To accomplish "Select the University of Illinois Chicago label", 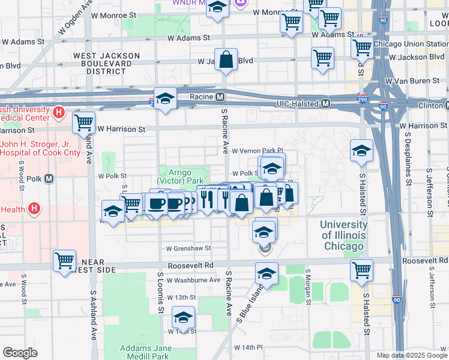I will [x=342, y=235].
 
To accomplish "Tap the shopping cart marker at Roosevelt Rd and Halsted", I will [x=361, y=270].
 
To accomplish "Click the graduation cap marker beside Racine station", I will [x=165, y=99].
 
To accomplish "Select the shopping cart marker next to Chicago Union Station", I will [x=362, y=47].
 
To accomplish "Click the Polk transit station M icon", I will [x=49, y=178].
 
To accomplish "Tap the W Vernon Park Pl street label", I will [x=257, y=151].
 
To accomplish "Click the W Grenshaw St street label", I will [x=188, y=248].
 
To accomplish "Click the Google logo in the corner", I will [x=20, y=353].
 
